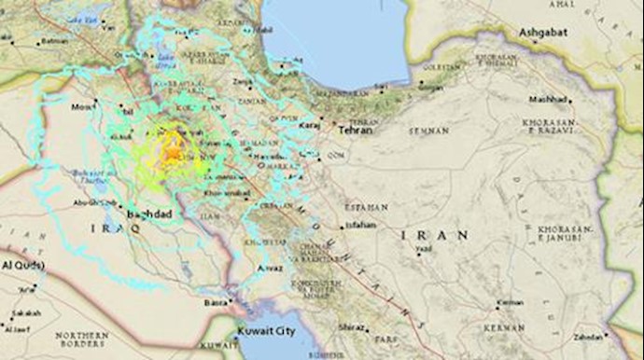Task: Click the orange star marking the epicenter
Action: click(173, 150)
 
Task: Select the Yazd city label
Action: click(425, 249)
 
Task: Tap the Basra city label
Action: click(216, 303)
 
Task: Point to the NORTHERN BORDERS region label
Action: click(81, 339)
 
